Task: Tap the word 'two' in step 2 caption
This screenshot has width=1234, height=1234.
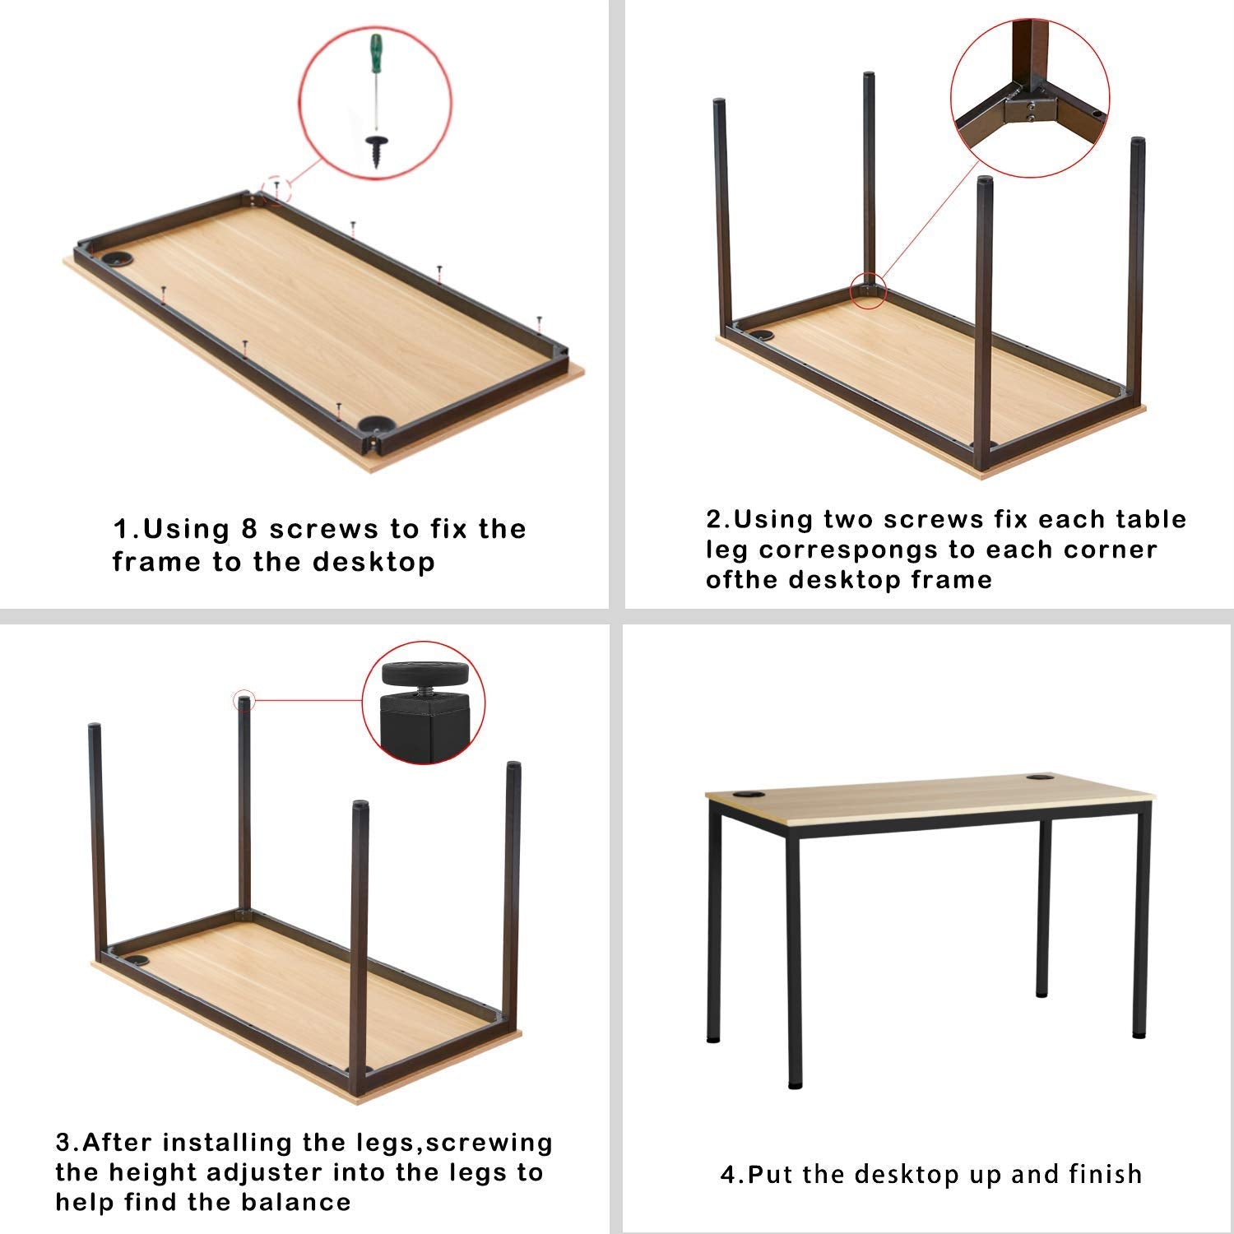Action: click(x=852, y=519)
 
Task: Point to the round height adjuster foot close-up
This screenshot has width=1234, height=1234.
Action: click(x=424, y=675)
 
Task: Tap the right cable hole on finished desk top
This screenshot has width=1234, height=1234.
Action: click(x=1040, y=777)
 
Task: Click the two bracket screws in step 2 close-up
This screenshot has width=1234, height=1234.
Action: click(x=1030, y=109)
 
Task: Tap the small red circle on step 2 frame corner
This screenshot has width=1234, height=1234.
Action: click(x=868, y=290)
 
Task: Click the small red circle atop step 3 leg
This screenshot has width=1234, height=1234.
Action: click(x=244, y=701)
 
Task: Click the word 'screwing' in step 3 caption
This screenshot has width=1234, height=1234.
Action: click(x=490, y=1144)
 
